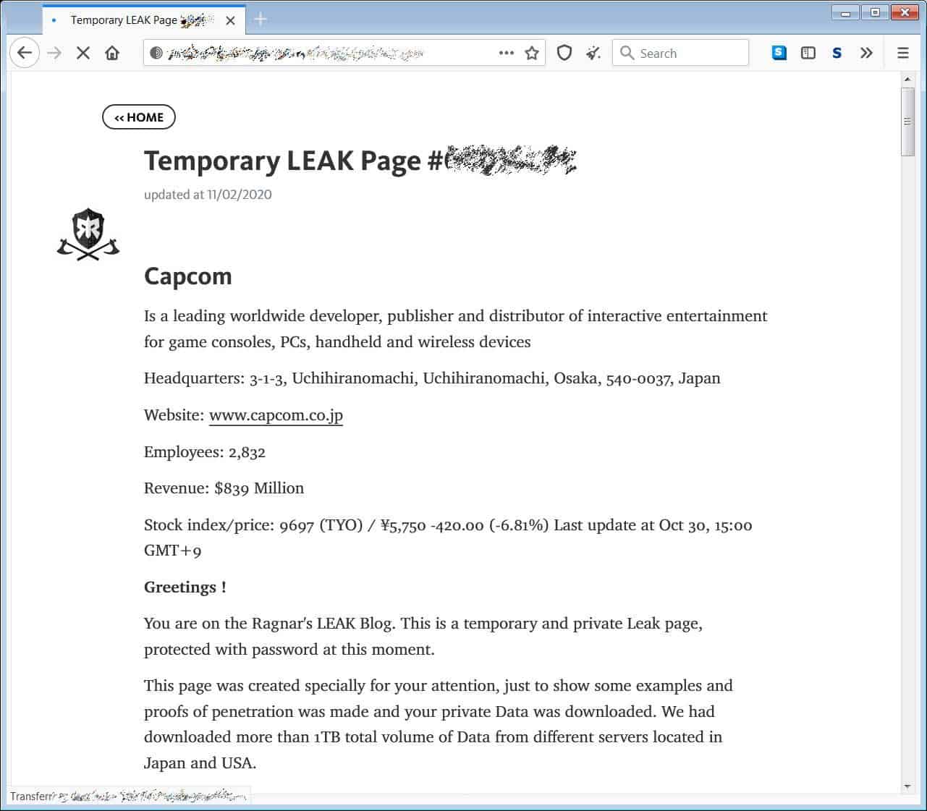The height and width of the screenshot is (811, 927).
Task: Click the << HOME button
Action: coord(139,117)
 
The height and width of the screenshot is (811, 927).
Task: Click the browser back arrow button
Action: coord(25,53)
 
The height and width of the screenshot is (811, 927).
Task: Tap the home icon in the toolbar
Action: coord(112,53)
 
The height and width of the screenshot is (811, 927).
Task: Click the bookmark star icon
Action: coord(532,53)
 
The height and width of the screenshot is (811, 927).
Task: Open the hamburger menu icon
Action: coord(902,53)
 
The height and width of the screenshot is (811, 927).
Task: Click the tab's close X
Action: coord(230,20)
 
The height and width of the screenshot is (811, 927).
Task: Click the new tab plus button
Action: coord(261,20)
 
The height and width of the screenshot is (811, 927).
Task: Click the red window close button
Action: coord(905,12)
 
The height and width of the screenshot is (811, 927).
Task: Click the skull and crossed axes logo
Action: coord(88,234)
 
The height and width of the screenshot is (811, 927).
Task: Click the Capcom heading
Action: coord(188,276)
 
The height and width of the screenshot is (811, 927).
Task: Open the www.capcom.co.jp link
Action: coord(276,415)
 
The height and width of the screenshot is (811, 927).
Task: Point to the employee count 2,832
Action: coord(247,452)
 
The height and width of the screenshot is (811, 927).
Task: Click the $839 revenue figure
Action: coord(232,488)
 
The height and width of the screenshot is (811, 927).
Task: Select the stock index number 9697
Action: coord(297,525)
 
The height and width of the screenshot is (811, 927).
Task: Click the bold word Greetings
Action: coord(181,587)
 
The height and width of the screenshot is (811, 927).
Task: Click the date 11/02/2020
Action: coord(239,195)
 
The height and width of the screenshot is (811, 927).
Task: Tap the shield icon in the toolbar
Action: coord(564,53)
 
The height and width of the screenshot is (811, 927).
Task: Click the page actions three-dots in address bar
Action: coord(507,53)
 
